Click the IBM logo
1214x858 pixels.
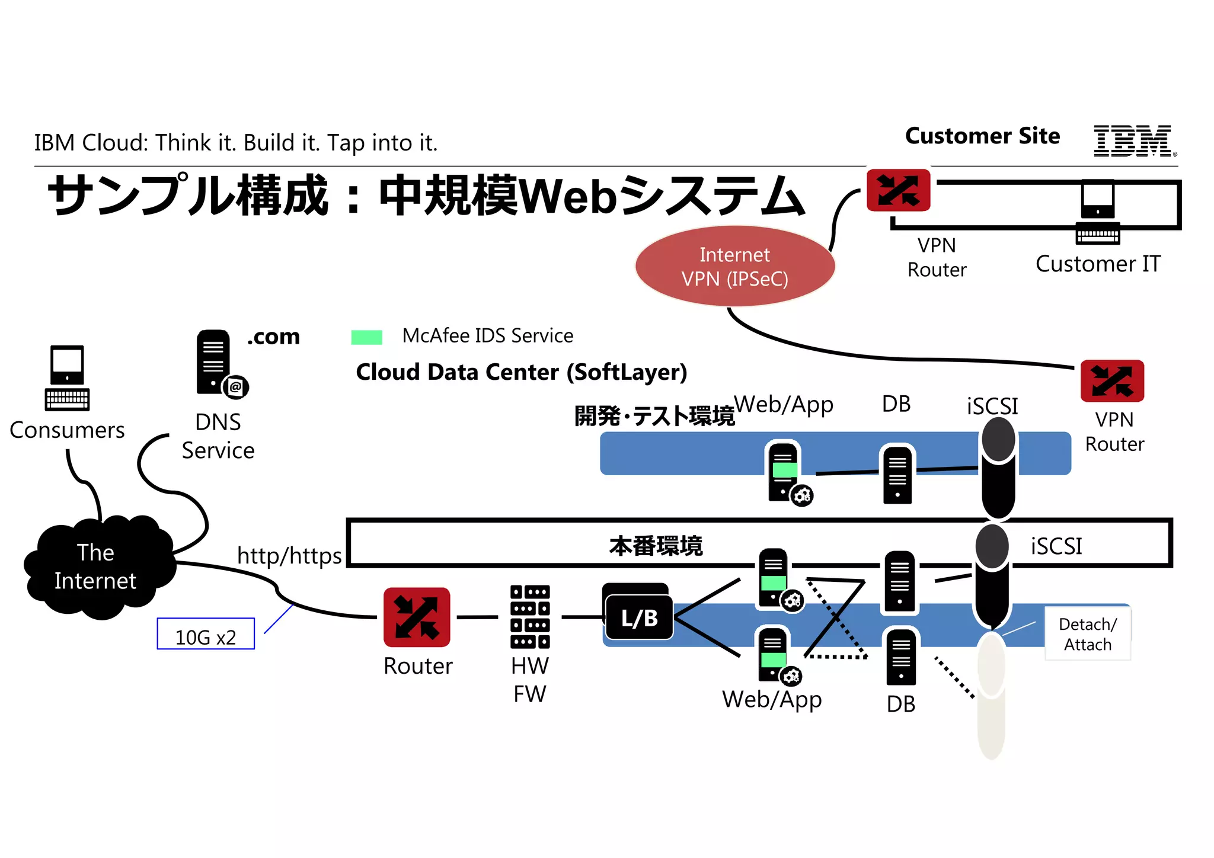(x=1133, y=141)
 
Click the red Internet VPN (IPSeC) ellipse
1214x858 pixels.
(x=734, y=266)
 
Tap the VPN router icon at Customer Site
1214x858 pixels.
(x=898, y=190)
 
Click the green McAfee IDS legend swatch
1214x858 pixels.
(x=366, y=337)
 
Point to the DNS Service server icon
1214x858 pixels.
(x=215, y=362)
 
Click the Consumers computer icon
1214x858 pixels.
(x=67, y=377)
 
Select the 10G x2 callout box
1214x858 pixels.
(x=206, y=634)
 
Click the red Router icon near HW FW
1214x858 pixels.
(x=417, y=617)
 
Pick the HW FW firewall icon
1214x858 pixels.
(x=529, y=617)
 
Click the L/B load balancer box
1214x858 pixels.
(x=638, y=617)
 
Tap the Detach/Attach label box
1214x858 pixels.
(x=1087, y=634)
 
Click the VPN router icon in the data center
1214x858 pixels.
(x=1111, y=381)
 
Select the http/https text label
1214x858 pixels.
(x=289, y=556)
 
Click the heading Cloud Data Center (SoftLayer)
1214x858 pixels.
(x=521, y=372)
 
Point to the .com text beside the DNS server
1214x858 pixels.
(x=273, y=337)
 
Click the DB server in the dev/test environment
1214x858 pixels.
(x=897, y=474)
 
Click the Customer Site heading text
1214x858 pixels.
(x=982, y=136)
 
